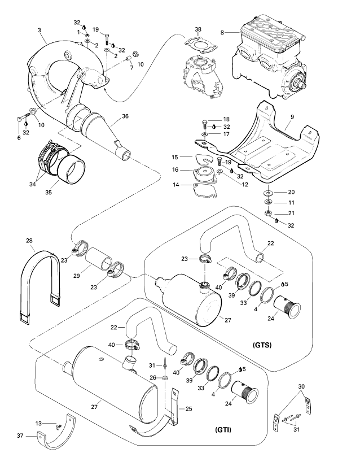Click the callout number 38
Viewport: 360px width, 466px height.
(x=198, y=30)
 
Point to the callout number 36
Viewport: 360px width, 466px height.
(x=125, y=116)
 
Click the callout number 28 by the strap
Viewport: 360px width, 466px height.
(x=29, y=241)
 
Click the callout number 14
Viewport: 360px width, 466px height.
(x=176, y=184)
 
